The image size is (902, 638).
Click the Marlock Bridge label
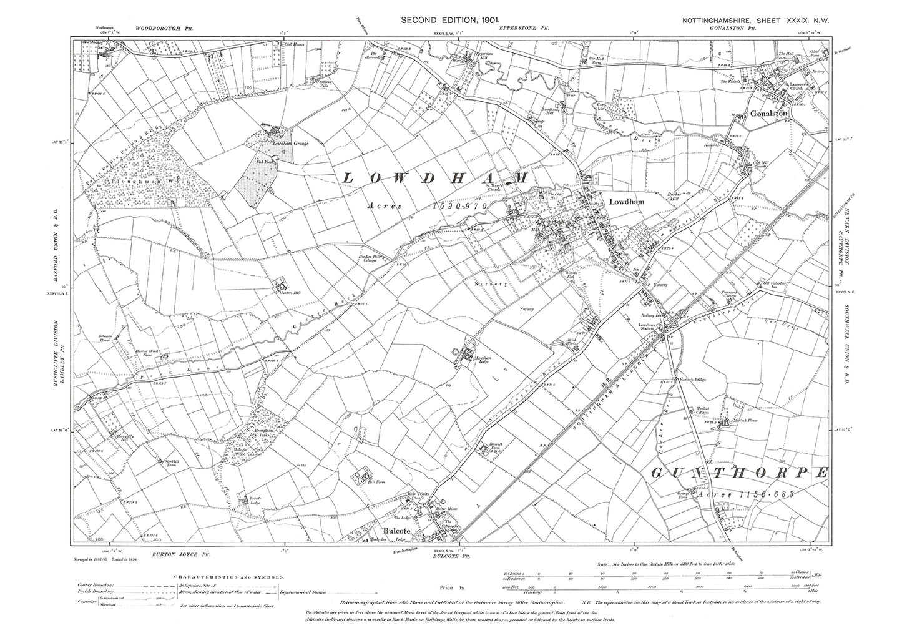[693, 379]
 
